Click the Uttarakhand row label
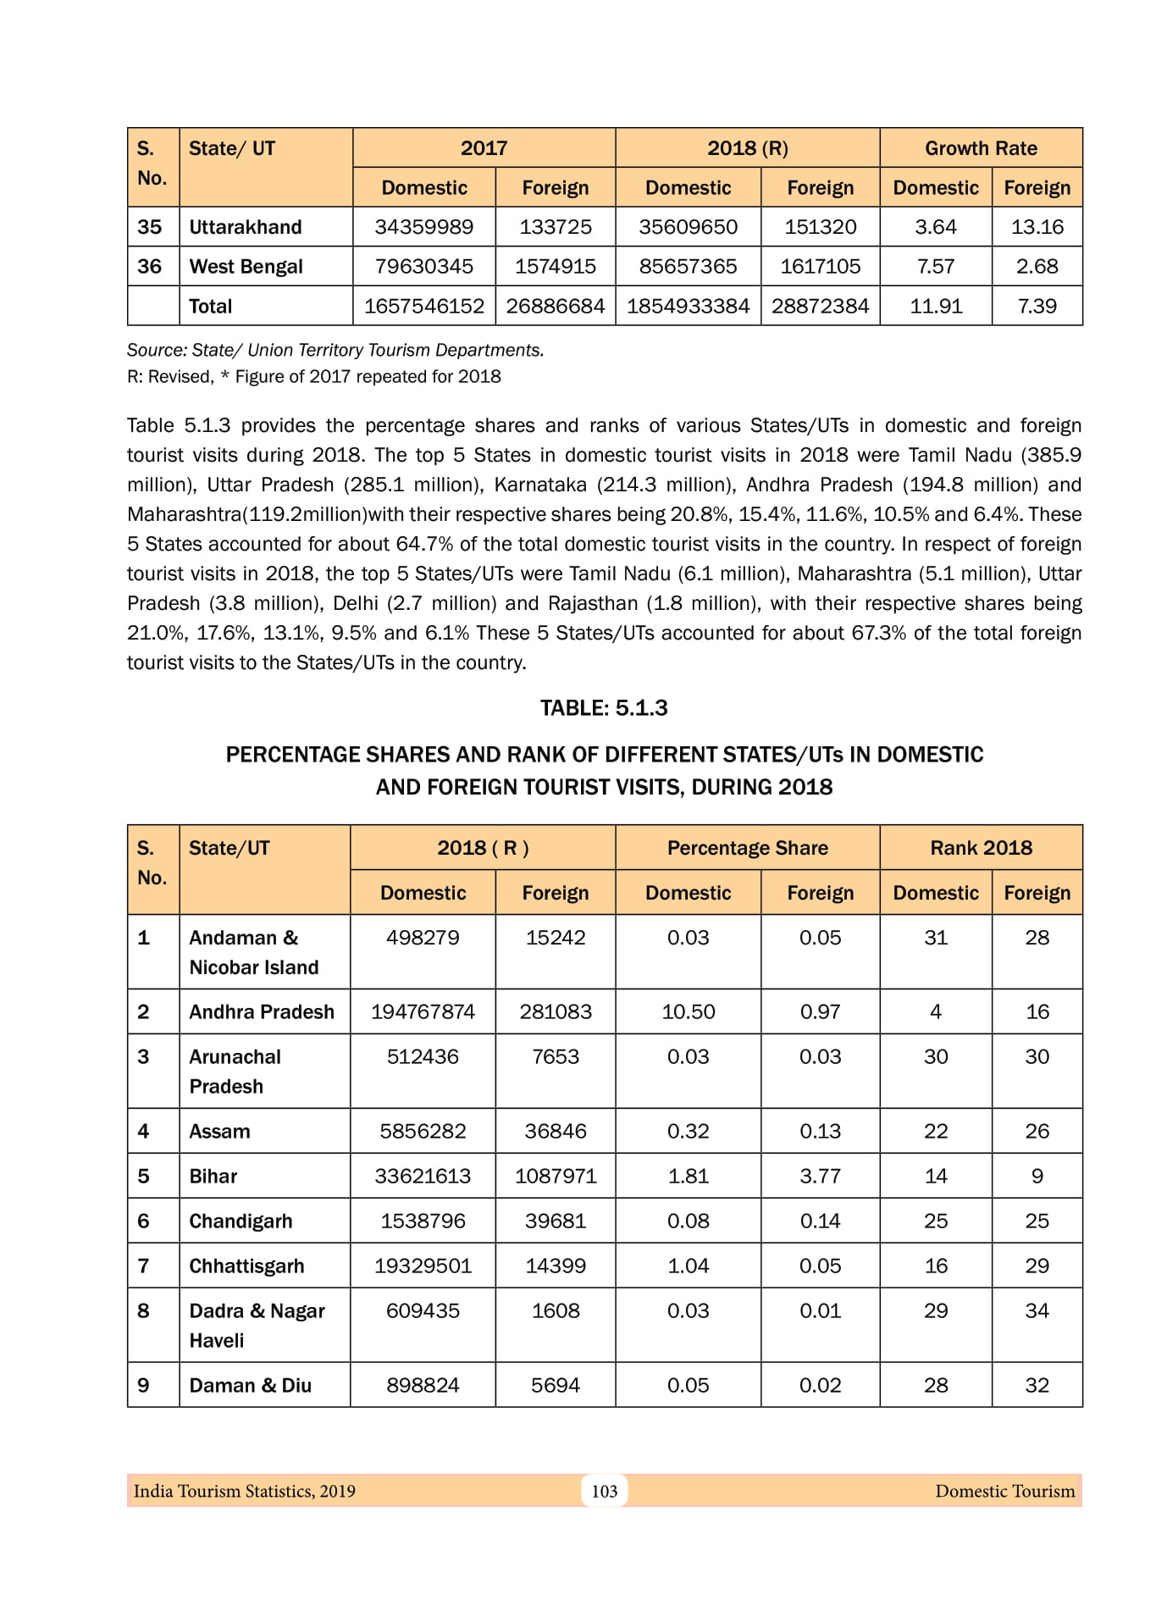[x=245, y=227]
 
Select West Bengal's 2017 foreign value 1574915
[x=555, y=267]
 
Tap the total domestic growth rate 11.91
[x=936, y=307]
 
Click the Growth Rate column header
[x=981, y=148]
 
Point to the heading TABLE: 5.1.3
[x=604, y=708]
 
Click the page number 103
[x=604, y=1491]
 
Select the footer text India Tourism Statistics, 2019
[x=245, y=1491]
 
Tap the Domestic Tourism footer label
[x=1004, y=1491]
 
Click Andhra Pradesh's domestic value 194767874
[x=423, y=1011]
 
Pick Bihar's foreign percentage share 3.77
[x=820, y=1176]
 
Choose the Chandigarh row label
[x=241, y=1221]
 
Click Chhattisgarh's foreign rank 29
[x=1037, y=1266]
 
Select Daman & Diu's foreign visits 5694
[x=555, y=1385]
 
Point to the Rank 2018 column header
[x=981, y=848]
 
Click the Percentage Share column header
[x=747, y=848]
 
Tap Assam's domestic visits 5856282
[x=423, y=1131]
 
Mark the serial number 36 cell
[x=150, y=267]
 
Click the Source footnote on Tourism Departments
[x=335, y=350]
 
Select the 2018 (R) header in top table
[x=747, y=148]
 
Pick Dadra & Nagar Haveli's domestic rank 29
[x=936, y=1310]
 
